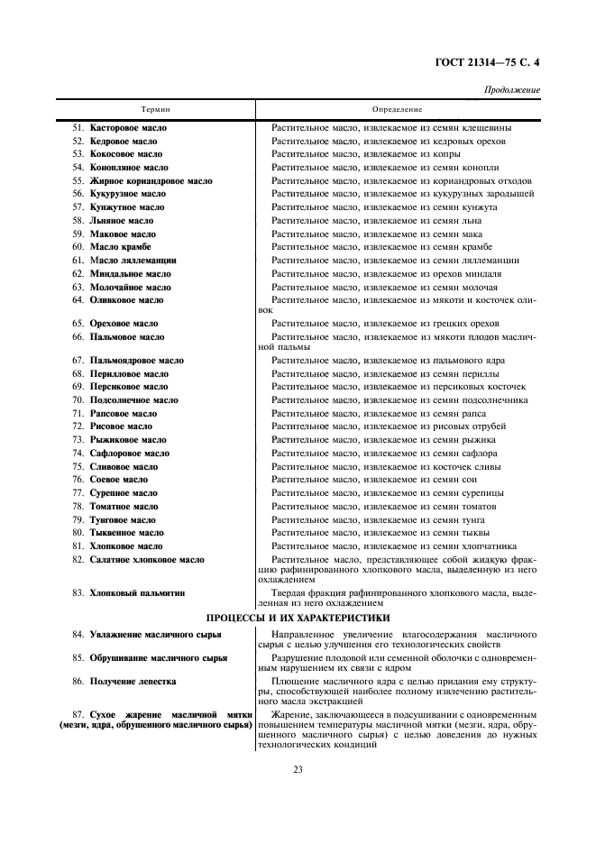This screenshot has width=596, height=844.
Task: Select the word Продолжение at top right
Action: [512, 90]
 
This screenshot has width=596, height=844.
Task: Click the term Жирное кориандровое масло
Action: [151, 181]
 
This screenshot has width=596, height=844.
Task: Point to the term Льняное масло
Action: [121, 221]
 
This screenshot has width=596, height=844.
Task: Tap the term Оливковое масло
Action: [126, 300]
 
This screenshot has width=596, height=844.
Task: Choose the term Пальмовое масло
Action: [126, 337]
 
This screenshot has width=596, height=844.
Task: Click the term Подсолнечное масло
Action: [133, 400]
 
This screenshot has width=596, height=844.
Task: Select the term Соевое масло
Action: [118, 480]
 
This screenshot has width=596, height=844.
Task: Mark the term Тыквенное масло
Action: [126, 533]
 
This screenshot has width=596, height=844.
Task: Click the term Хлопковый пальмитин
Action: [137, 593]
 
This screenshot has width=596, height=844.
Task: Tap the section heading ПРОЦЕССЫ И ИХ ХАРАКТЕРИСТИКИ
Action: [298, 618]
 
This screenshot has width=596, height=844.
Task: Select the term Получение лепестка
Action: [133, 682]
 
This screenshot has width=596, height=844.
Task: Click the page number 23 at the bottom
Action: [298, 769]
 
